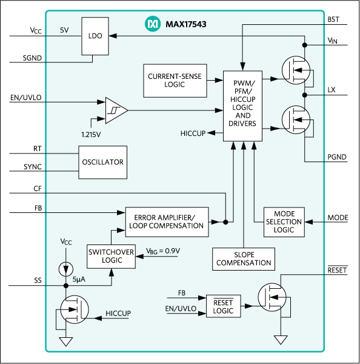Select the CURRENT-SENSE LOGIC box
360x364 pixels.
pyautogui.click(x=174, y=79)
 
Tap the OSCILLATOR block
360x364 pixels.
pyautogui.click(x=102, y=162)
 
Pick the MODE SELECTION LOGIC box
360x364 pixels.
pyautogui.click(x=284, y=221)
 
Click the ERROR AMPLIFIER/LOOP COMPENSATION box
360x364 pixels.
pyautogui.click(x=166, y=221)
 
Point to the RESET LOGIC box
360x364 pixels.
pyautogui.click(x=224, y=306)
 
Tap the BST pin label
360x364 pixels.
pyautogui.click(x=332, y=19)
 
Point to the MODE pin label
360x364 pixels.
pyautogui.click(x=338, y=217)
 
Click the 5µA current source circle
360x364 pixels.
pyautogui.click(x=65, y=268)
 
